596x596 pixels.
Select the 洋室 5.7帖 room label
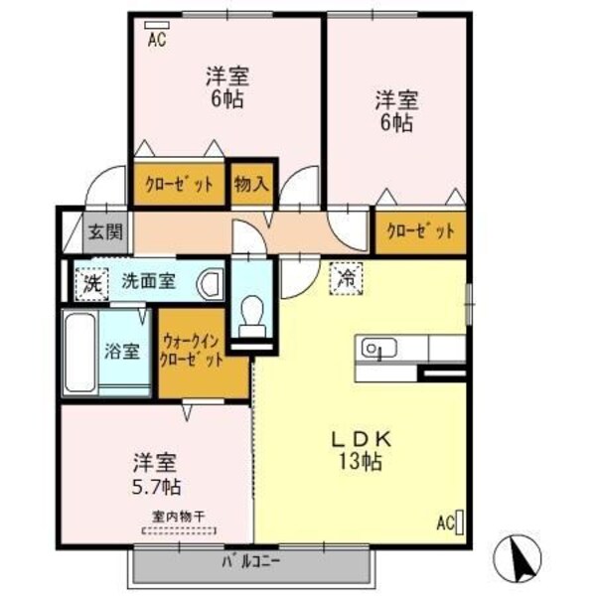pyautogui.click(x=157, y=475)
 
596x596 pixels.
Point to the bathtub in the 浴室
pyautogui.click(x=79, y=353)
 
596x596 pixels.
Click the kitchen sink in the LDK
pyautogui.click(x=377, y=348)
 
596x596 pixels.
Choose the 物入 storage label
pyautogui.click(x=251, y=183)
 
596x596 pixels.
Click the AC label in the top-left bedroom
pyautogui.click(x=156, y=40)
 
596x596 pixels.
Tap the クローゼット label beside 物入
pyautogui.click(x=180, y=184)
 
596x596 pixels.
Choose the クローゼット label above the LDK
pyautogui.click(x=420, y=230)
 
